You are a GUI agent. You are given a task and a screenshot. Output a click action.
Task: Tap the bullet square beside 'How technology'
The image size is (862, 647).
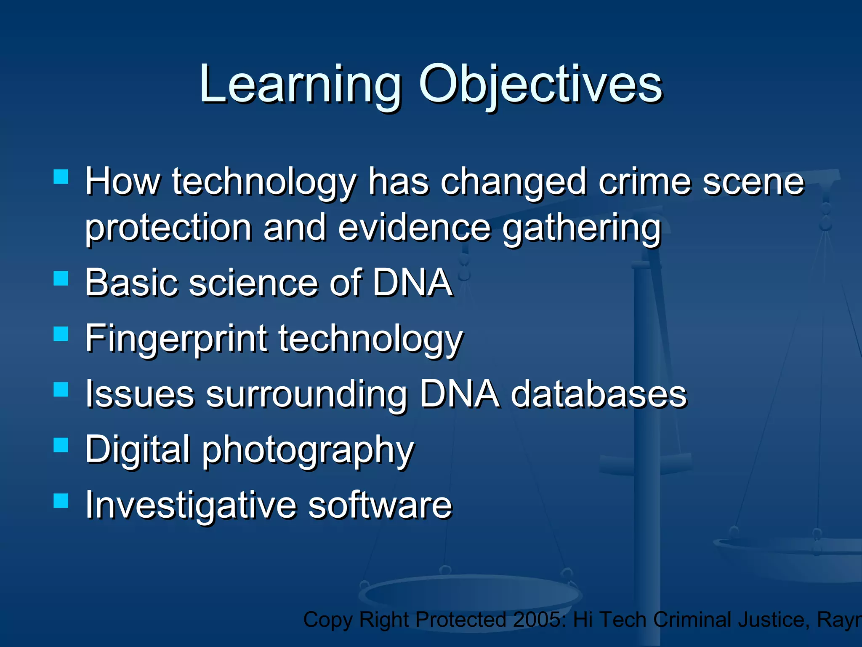click(61, 177)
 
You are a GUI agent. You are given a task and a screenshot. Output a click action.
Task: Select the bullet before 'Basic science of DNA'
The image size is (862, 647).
click(61, 278)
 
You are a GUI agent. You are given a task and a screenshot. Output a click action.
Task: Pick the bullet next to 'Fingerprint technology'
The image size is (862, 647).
click(61, 334)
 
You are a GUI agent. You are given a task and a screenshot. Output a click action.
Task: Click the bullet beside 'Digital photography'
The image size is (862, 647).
click(61, 445)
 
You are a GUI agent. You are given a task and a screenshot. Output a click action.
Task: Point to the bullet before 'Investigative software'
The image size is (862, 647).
click(61, 501)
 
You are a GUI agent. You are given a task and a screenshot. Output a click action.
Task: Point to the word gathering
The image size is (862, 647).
click(582, 229)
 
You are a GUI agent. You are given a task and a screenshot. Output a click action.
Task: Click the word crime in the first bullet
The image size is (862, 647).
click(644, 182)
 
